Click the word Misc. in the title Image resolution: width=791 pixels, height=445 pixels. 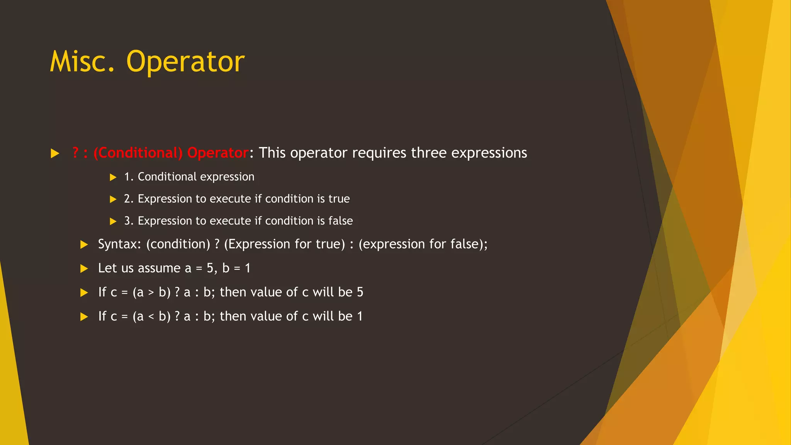tap(82, 62)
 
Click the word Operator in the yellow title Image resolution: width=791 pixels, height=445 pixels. tap(185, 62)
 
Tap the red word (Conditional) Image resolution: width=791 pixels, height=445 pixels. tap(137, 153)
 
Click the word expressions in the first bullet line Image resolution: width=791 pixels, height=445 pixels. tap(489, 153)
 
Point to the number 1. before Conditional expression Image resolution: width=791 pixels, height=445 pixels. tap(128, 177)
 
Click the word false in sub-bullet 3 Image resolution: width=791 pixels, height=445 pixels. tap(341, 221)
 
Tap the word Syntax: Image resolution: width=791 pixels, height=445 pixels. tap(120, 244)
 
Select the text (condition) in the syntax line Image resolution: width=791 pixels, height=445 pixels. tap(178, 244)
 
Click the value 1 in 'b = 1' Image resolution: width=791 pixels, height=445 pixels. tap(248, 268)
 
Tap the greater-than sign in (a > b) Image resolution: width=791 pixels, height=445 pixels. tap(151, 293)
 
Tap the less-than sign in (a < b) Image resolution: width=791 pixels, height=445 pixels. tap(151, 317)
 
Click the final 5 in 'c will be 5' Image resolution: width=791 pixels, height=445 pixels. tap(360, 292)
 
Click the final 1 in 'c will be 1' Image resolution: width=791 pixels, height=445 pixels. tap(360, 316)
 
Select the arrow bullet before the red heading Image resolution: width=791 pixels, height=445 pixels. tap(55, 153)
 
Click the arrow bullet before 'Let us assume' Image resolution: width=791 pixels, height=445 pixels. tap(84, 268)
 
